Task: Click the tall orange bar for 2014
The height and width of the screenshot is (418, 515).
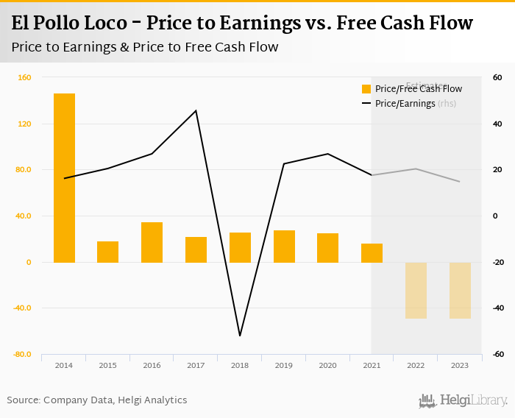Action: point(64,177)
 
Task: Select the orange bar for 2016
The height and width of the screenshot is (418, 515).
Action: point(152,242)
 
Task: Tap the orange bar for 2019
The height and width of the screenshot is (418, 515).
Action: point(284,247)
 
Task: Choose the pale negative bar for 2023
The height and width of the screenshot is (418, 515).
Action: point(460,290)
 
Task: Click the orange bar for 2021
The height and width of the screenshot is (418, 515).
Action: point(372,252)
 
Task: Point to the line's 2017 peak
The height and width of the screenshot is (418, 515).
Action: point(196,111)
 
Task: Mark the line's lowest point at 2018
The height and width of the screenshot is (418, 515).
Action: point(240,336)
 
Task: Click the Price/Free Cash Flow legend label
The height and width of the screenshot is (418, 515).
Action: point(419,89)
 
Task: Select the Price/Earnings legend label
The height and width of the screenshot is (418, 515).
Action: point(405,104)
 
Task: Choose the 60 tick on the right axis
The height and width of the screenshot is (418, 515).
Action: point(497,77)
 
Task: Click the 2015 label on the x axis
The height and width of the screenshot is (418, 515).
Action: point(107,364)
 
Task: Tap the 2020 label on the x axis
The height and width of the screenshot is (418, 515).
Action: point(327,364)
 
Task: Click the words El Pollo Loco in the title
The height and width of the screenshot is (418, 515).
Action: point(63,23)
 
